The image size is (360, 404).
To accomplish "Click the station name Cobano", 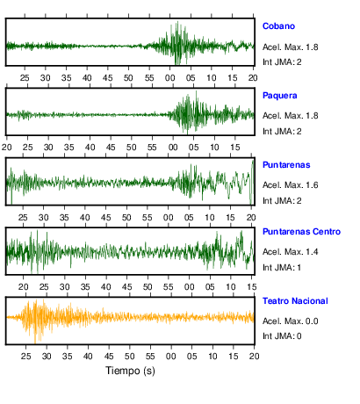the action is [278, 26].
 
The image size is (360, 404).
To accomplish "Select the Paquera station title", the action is [279, 96].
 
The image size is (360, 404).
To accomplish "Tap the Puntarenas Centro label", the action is [301, 232].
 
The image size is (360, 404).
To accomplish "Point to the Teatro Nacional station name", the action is [295, 301].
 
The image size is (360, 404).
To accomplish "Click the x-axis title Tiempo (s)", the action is [130, 371].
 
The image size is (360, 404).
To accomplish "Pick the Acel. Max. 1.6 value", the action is [290, 185].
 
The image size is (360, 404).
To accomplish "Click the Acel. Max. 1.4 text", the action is [290, 252].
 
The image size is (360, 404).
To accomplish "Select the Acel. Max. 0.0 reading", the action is [290, 321].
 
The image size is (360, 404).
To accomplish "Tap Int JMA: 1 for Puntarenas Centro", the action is [282, 268].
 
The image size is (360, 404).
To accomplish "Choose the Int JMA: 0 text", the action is [282, 335].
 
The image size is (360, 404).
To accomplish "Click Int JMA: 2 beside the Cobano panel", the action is [282, 62].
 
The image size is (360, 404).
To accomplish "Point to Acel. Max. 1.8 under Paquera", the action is [290, 116].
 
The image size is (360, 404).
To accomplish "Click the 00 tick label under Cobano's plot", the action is [169, 78].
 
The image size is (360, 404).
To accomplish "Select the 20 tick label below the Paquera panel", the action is [7, 148].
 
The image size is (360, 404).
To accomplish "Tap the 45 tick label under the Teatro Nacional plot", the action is [109, 357].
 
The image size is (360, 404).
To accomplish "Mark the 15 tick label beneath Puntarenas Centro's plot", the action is [252, 287].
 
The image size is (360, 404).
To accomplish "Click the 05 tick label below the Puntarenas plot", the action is [189, 218].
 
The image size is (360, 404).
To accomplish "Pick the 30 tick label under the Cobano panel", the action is [46, 78].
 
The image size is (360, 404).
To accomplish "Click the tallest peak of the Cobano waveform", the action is [177, 21].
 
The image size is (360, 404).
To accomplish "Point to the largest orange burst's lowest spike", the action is [35, 343].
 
